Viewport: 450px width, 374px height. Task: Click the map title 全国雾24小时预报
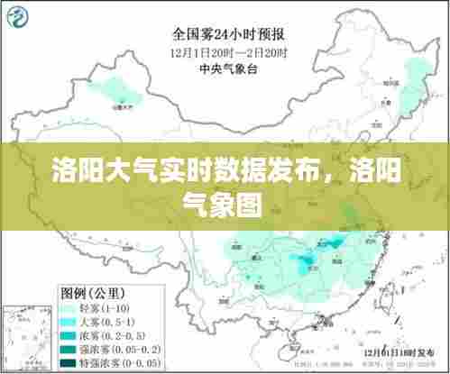pos(229,35)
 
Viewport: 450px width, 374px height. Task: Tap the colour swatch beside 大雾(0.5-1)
pos(69,322)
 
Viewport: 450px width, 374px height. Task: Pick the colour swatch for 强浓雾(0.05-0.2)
pos(69,350)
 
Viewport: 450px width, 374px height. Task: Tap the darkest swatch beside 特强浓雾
pos(69,363)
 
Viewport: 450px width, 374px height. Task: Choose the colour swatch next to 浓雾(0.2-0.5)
pos(69,335)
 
